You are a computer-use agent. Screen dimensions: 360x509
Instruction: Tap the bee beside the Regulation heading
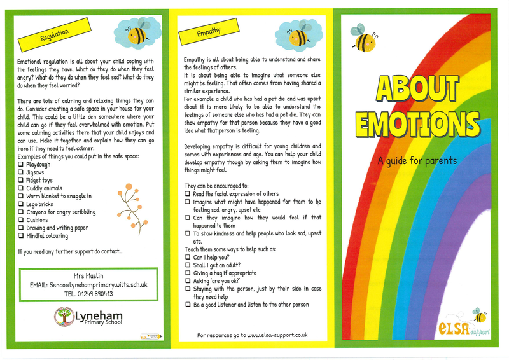[x=135, y=34]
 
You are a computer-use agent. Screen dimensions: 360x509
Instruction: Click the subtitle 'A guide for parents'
[x=417, y=160]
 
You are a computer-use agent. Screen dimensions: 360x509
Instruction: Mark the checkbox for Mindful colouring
[x=21, y=235]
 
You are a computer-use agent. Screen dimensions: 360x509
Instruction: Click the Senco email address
[x=96, y=285]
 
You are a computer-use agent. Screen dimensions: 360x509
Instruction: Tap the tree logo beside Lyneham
[x=64, y=316]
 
